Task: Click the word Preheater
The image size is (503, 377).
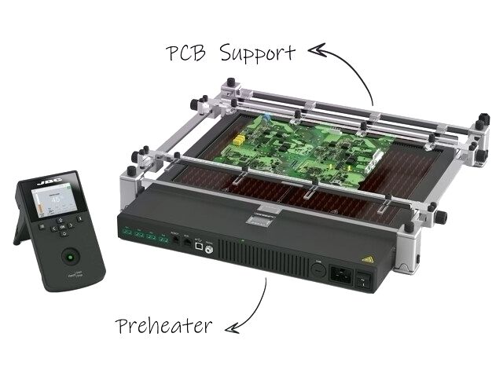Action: point(163,326)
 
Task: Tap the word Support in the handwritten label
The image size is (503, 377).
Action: point(257,53)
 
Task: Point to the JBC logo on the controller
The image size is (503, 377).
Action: point(45,185)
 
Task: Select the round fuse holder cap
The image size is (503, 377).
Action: point(318,269)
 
